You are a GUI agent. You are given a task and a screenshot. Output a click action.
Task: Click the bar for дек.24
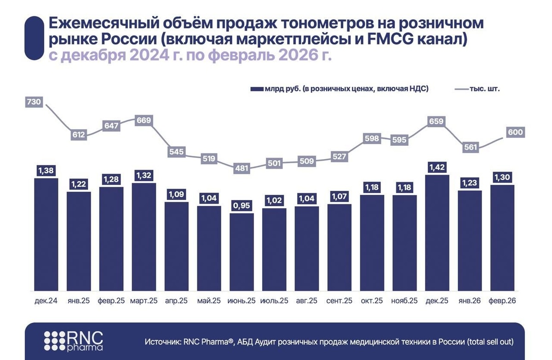coord(46,234)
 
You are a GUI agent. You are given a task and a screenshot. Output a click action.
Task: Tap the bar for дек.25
coord(437,233)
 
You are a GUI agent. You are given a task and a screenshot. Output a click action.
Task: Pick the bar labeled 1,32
coord(144,237)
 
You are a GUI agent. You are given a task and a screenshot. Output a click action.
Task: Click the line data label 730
coord(34,102)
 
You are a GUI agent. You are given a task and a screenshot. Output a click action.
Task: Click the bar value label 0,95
coord(242,206)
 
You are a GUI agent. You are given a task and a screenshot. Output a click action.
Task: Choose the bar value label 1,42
coord(437,166)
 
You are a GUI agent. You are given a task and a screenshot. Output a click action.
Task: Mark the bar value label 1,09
coord(177,194)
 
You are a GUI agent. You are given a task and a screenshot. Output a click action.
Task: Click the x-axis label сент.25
coord(339,301)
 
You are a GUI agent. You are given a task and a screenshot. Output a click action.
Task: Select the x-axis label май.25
coord(209,301)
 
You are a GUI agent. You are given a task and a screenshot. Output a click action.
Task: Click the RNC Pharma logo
coord(74,341)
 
